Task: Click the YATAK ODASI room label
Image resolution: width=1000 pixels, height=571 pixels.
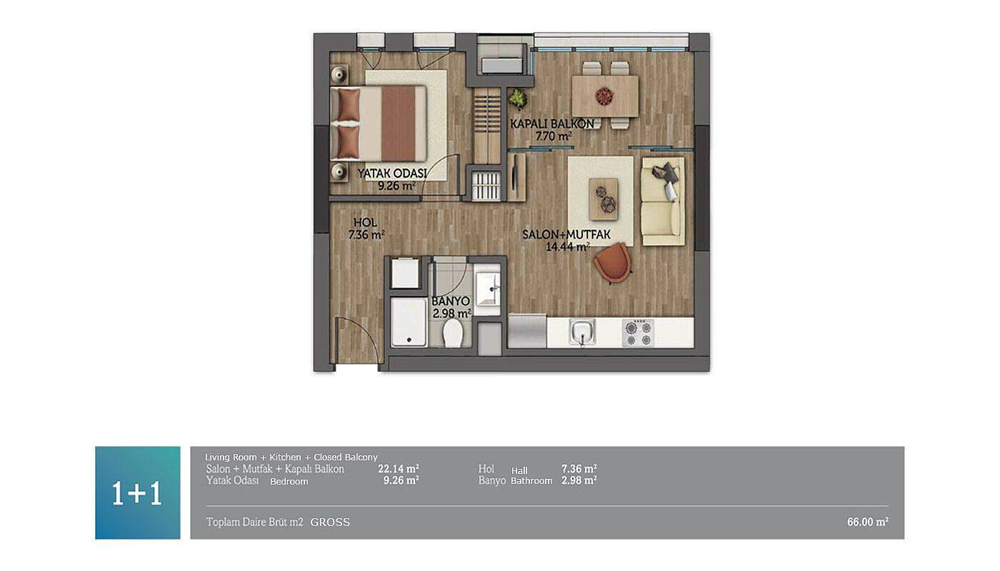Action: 391,173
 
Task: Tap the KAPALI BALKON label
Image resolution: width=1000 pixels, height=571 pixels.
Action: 552,123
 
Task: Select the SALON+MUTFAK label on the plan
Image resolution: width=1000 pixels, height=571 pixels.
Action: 566,234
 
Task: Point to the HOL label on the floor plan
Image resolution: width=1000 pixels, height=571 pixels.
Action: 365,222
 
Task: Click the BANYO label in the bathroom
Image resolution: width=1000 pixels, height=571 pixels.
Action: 451,301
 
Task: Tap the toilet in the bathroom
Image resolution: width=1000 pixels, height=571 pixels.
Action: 453,333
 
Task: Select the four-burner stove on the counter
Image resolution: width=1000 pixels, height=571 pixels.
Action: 639,333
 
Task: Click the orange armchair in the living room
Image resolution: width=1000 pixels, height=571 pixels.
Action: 613,262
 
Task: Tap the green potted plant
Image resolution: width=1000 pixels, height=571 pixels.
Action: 518,98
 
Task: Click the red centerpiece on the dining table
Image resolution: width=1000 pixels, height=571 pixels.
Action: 604,96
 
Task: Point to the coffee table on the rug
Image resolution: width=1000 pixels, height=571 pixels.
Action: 604,199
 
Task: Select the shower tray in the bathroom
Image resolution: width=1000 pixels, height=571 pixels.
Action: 409,322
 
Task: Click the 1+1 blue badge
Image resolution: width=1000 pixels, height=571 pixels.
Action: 137,493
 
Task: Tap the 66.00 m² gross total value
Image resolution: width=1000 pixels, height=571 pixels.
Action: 867,522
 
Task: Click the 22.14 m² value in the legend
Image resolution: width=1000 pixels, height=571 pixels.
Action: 399,468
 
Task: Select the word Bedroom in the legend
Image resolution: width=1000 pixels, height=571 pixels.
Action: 289,482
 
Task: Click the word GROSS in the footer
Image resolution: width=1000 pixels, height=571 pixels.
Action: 330,522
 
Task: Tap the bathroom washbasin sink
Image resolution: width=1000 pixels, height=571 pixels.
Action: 487,288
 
